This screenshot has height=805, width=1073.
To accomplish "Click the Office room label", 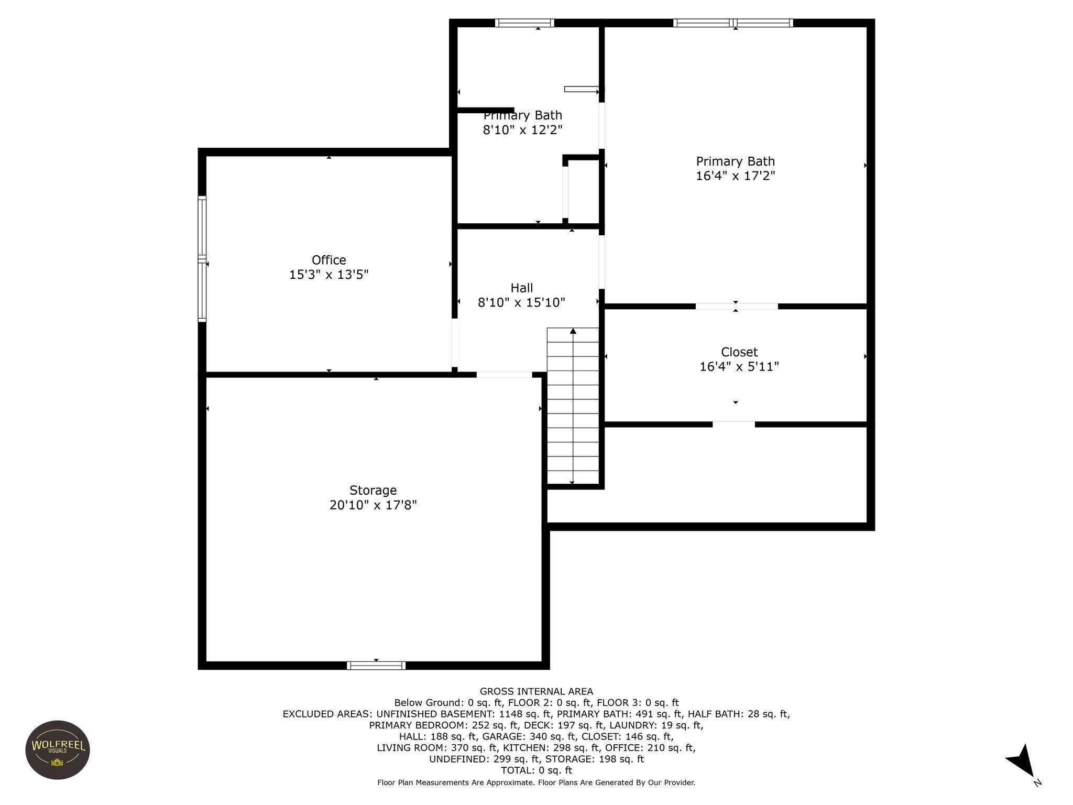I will pyautogui.click(x=329, y=260).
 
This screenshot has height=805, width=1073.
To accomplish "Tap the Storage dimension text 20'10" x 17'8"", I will pyautogui.click(x=373, y=505).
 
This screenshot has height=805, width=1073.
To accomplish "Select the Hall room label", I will pyautogui.click(x=521, y=288).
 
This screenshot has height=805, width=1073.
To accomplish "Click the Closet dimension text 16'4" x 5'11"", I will pyautogui.click(x=739, y=367).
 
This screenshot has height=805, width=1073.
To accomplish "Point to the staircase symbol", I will pyautogui.click(x=573, y=406).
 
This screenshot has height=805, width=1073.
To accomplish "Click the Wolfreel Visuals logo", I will pyautogui.click(x=58, y=749).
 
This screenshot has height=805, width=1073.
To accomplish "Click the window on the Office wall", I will pyautogui.click(x=202, y=258).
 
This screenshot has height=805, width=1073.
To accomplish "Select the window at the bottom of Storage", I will pyautogui.click(x=376, y=666).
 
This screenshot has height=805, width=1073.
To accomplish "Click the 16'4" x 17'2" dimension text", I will pyautogui.click(x=735, y=176).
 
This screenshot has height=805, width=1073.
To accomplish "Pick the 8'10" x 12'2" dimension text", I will pyautogui.click(x=522, y=130).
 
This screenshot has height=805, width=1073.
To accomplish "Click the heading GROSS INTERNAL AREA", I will pyautogui.click(x=536, y=692).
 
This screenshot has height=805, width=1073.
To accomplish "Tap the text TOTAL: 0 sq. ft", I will pyautogui.click(x=536, y=770).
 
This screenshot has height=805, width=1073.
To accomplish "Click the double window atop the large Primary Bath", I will pyautogui.click(x=732, y=23).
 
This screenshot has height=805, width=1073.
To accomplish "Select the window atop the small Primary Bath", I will pyautogui.click(x=524, y=23).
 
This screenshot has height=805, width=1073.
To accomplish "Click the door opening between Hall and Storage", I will pyautogui.click(x=504, y=375).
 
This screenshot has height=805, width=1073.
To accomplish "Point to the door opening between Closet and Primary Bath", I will pyautogui.click(x=736, y=307).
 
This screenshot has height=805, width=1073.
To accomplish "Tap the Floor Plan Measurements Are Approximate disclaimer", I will pyautogui.click(x=536, y=782).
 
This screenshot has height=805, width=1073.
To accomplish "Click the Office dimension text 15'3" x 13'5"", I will pyautogui.click(x=329, y=275).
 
